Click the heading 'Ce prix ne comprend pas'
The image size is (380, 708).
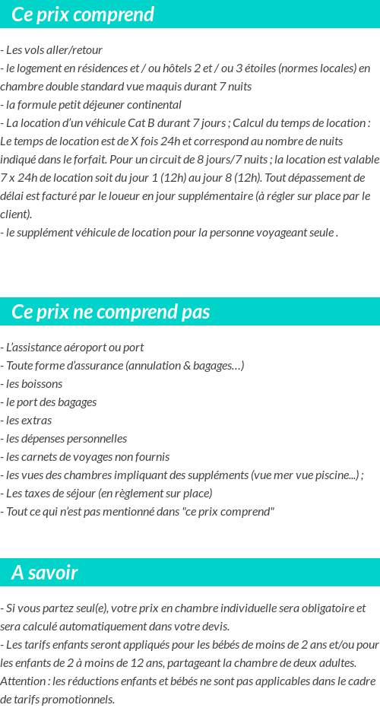[111, 313]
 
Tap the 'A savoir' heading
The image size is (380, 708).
[45, 573]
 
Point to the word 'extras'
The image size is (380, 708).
[33, 421]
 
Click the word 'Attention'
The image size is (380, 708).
[25, 681]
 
